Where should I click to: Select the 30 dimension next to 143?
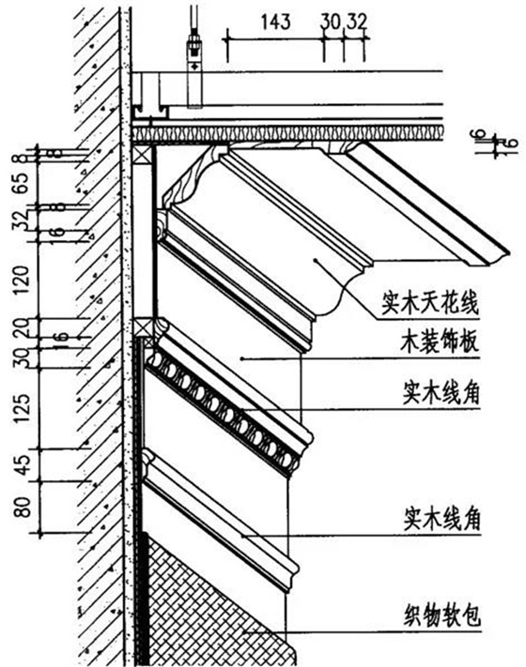[x=329, y=18]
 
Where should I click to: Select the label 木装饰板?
[x=434, y=343]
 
